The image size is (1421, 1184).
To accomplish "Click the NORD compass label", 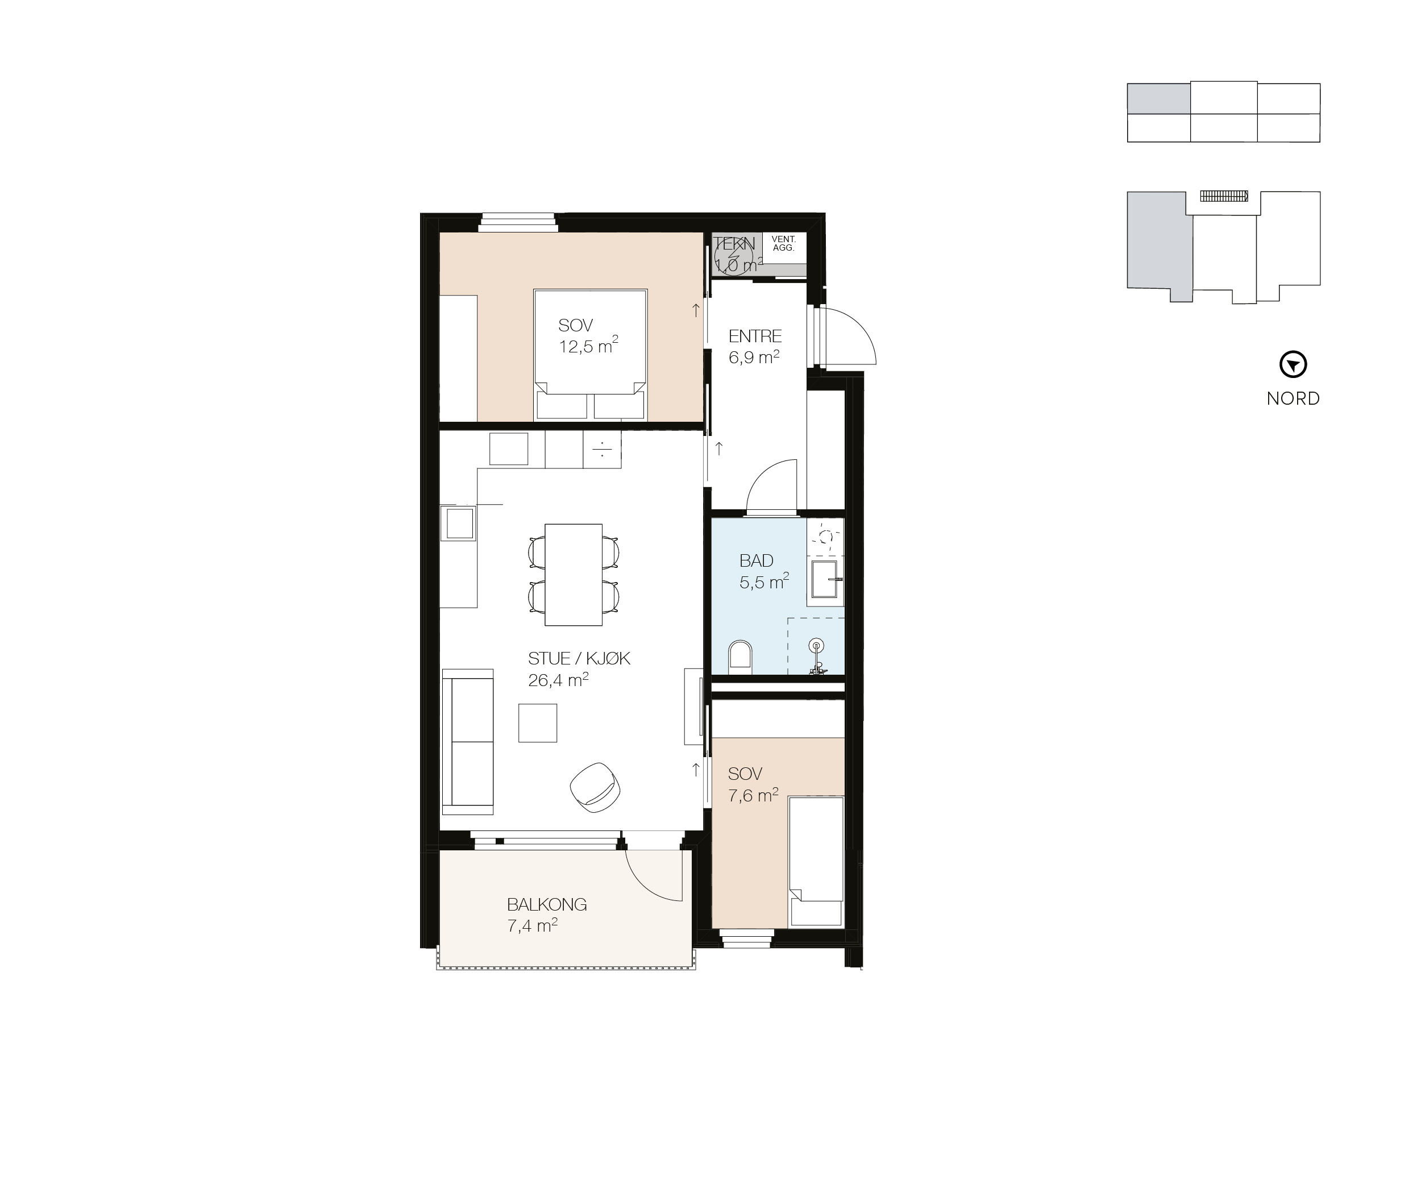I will (1293, 398).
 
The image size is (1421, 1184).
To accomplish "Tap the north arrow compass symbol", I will (1293, 365).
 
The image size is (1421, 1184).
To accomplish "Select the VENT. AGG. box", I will (784, 244).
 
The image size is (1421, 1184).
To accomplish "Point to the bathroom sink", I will (824, 580).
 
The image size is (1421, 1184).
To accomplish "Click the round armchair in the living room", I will (595, 786).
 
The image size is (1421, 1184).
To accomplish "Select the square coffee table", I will (538, 722).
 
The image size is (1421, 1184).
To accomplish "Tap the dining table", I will (573, 575).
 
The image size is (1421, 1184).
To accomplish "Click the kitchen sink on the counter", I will (459, 523).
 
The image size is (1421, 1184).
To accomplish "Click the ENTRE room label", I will (754, 336).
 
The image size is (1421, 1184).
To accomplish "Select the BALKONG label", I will (547, 904).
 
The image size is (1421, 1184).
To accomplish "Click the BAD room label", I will (756, 561).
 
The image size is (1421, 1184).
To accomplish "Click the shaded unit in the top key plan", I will (1158, 98).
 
